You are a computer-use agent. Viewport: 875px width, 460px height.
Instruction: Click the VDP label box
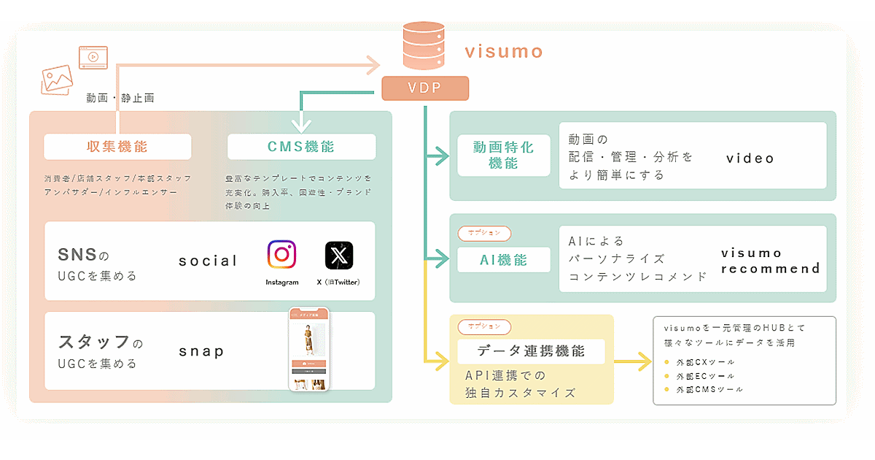coord(425,88)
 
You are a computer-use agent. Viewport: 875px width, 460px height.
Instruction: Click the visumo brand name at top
coord(505,51)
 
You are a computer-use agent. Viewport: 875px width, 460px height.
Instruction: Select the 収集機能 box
coord(117,147)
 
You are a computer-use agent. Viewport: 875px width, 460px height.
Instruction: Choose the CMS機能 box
coord(301,147)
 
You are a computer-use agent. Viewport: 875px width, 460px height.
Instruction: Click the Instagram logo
coord(281,256)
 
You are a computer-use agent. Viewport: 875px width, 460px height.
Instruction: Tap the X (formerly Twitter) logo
coord(339,256)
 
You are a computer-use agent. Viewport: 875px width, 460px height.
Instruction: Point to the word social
coord(208,261)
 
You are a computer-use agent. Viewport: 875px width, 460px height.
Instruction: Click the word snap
coord(201,351)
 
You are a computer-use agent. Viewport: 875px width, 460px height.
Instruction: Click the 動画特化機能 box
coord(504,155)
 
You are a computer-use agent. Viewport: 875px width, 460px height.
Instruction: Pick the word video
coord(750,158)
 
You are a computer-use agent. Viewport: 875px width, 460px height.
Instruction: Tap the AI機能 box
coord(504,260)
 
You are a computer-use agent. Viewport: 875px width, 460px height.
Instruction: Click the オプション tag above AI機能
coord(484,233)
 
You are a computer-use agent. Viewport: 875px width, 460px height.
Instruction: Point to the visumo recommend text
coord(770,261)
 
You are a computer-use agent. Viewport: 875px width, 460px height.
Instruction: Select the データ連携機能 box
coord(531,351)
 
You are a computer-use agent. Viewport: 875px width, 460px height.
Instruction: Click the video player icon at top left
coord(93,57)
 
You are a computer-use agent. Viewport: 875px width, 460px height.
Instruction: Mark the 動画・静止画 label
coord(120,98)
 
